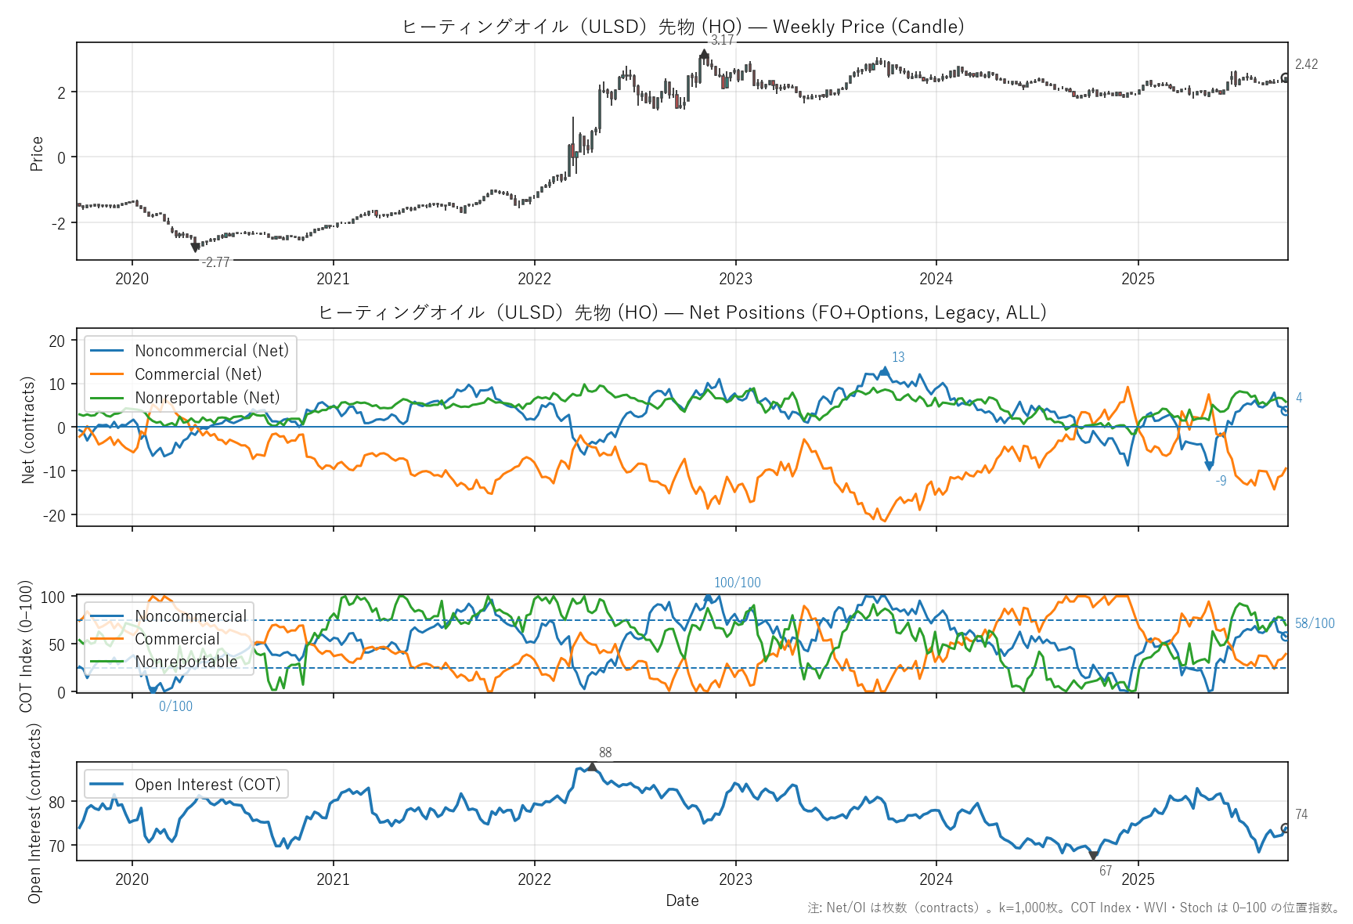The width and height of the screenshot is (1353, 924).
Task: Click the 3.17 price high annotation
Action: tap(722, 41)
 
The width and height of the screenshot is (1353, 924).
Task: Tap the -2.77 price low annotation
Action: tap(215, 262)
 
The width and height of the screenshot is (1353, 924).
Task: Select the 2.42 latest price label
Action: tap(1306, 64)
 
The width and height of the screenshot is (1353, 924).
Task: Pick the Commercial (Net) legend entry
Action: tap(198, 374)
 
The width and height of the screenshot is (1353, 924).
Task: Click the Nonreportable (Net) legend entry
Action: tap(207, 398)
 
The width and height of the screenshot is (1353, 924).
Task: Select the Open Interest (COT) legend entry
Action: tap(207, 785)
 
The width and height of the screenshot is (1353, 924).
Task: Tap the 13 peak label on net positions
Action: tap(898, 357)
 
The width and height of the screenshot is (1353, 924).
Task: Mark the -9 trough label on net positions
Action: tap(1221, 481)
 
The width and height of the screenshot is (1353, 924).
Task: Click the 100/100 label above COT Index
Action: tap(737, 583)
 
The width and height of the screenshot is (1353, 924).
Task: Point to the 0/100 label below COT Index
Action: tap(175, 706)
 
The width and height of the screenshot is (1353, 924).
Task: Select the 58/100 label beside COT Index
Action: tap(1315, 623)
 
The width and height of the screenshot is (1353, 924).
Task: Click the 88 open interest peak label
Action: tap(605, 753)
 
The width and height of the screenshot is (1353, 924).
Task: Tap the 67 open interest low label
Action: tap(1106, 871)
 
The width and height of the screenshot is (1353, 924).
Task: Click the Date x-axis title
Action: tap(682, 901)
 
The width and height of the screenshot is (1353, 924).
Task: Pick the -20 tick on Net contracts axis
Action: tap(57, 515)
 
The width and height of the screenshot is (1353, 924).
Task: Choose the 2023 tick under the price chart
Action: tap(735, 279)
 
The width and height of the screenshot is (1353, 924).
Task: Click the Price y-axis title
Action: tap(36, 153)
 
